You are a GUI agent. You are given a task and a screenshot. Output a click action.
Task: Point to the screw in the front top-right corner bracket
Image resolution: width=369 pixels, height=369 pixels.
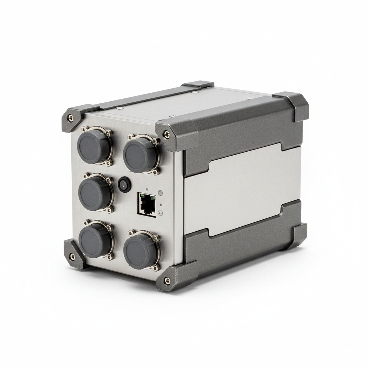point(166,134)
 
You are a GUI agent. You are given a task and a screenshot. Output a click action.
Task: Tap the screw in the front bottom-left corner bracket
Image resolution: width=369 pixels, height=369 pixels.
point(72,256)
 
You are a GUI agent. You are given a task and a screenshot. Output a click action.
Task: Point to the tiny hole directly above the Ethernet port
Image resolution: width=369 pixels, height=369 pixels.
point(147,189)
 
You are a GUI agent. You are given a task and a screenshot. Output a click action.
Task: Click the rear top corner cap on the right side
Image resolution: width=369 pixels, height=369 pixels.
point(293,105)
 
